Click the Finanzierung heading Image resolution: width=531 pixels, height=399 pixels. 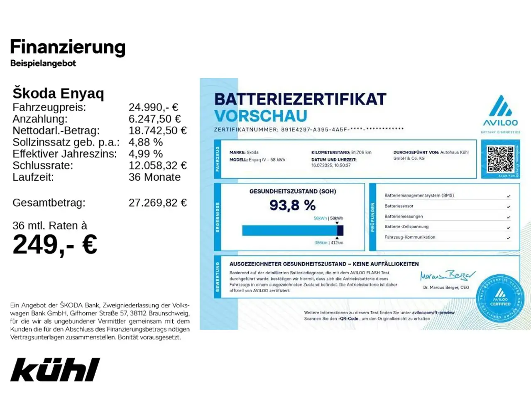(x=68, y=47)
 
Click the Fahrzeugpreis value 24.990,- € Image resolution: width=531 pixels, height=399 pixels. (x=153, y=107)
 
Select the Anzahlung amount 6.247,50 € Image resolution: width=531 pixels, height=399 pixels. (x=154, y=119)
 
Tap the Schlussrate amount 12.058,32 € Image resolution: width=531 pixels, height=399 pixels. (x=157, y=165)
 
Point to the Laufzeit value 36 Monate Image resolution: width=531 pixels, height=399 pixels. (x=154, y=177)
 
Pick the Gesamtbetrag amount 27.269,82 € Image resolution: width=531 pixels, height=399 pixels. (x=157, y=203)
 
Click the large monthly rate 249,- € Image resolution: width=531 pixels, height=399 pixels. (x=55, y=244)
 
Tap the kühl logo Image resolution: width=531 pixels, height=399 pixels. (x=55, y=369)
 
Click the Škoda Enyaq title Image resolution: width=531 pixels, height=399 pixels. (x=58, y=93)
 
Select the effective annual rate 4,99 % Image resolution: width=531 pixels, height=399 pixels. (x=145, y=154)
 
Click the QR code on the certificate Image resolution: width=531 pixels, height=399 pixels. (x=500, y=159)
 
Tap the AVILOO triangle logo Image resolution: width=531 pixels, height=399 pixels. (x=500, y=106)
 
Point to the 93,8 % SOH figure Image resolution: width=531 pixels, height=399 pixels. (x=292, y=205)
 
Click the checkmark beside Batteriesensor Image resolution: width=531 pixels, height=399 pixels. (x=509, y=207)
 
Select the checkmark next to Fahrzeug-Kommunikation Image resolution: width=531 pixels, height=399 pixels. (x=509, y=238)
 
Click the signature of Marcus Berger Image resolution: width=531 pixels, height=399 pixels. (x=447, y=276)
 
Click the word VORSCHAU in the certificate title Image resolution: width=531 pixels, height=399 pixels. (x=261, y=116)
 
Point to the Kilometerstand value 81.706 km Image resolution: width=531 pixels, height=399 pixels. (x=361, y=153)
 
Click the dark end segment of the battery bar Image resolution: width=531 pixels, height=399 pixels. (x=340, y=230)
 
